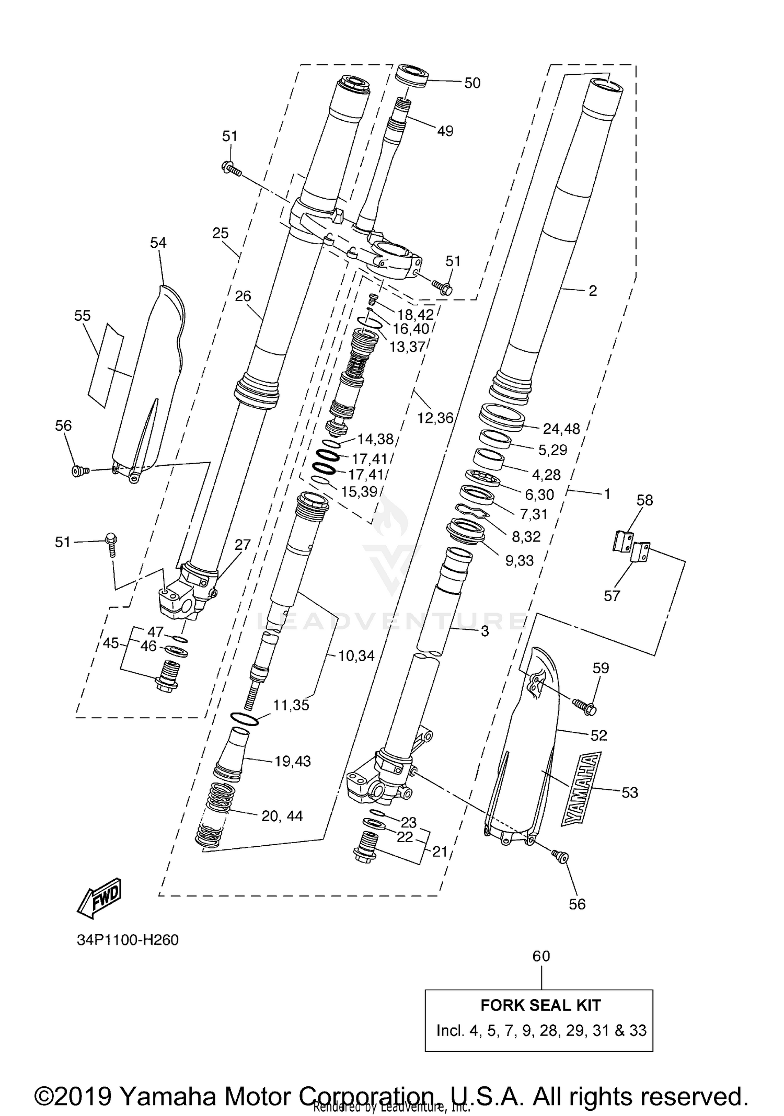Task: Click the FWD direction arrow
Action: coord(99,899)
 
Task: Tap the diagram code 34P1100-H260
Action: coord(128,940)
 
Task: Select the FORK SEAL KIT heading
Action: coord(540,1005)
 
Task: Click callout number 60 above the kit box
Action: coord(541,956)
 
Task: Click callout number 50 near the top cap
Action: coord(472,83)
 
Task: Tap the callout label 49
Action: coord(445,131)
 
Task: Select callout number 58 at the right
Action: coord(644,500)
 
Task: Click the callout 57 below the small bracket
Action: coord(612,595)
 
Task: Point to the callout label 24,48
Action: coord(561,429)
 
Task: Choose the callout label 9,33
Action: coord(519,560)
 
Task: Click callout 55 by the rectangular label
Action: coord(83,316)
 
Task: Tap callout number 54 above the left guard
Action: coord(158,243)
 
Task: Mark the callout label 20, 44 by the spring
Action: coord(282,815)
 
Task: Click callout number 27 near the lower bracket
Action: coord(243,545)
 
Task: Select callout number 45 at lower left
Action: coord(110,643)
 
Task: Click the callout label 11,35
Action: coord(291,705)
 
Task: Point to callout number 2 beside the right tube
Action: coord(592,291)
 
